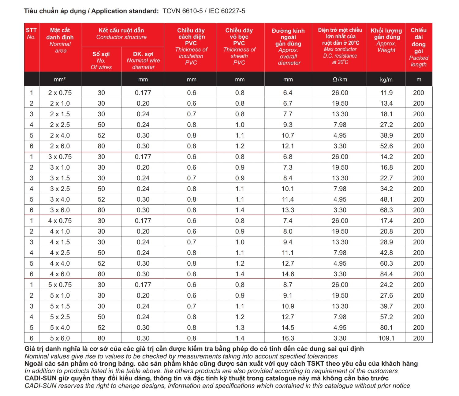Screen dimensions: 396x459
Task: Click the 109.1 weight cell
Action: tap(386, 338)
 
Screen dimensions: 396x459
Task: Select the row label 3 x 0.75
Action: tap(60, 157)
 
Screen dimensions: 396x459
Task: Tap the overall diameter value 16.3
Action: tap(288, 338)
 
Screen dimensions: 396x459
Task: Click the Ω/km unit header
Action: tap(340, 80)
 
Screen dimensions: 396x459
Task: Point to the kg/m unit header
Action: tap(386, 80)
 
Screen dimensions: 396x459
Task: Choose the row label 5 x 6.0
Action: tap(60, 338)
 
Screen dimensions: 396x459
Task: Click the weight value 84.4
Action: tap(386, 274)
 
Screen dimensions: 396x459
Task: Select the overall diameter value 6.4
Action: tap(288, 93)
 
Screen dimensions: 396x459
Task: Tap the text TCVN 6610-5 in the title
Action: tap(182, 11)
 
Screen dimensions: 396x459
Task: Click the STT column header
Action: tap(31, 30)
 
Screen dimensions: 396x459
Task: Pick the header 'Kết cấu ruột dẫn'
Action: tap(121, 30)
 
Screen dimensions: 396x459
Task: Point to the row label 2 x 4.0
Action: tap(60, 135)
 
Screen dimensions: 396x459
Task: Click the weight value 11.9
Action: tap(386, 93)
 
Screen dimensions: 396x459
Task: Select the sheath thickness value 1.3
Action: tap(240, 327)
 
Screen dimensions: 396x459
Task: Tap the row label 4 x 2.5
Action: tap(60, 253)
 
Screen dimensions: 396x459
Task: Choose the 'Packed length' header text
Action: tap(419, 61)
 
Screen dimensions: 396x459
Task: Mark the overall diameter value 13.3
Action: tap(288, 210)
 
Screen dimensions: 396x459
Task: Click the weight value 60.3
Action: tap(386, 263)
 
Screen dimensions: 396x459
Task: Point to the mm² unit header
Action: tap(60, 80)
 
